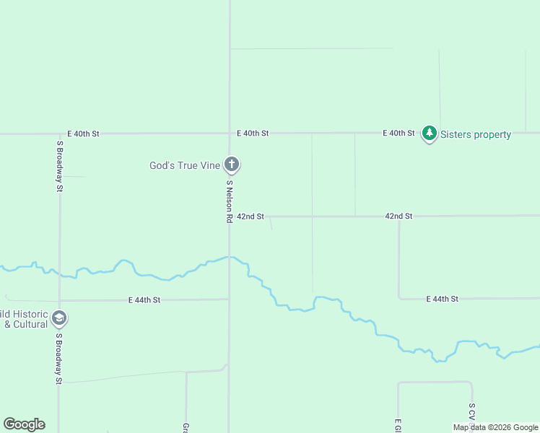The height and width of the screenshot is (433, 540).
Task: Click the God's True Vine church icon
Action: coord(232,165)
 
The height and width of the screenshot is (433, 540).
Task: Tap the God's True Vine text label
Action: coord(184,165)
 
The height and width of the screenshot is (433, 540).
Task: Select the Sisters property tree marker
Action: coord(430,134)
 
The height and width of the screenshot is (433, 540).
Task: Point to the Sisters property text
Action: coord(475,134)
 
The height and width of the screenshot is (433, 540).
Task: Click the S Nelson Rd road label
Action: coord(229,201)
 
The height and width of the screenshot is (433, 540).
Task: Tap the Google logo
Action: coord(24,424)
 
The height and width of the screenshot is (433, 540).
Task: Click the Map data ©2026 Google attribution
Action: coord(495,427)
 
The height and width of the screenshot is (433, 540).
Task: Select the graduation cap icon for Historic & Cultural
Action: coord(59,318)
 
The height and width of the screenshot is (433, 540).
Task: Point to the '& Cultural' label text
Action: coord(26,324)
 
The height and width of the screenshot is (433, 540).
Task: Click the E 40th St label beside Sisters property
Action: coord(399,134)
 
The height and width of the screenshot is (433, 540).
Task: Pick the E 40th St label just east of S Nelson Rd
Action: coord(253,134)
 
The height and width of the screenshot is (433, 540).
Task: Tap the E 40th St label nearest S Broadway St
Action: coord(83,134)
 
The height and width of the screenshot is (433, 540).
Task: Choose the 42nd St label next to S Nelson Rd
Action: coord(251,216)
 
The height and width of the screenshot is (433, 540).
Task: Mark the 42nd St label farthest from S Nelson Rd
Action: coord(399,216)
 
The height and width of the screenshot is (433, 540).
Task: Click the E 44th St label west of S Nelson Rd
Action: coord(144,299)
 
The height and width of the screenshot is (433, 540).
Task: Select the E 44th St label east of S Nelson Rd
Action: coord(443,299)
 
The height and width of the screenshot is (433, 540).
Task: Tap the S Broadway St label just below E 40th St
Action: coord(60,166)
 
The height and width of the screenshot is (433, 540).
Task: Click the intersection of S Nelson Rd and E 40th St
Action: coord(230,134)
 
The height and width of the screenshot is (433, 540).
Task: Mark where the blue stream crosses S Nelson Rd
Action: coord(230,256)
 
